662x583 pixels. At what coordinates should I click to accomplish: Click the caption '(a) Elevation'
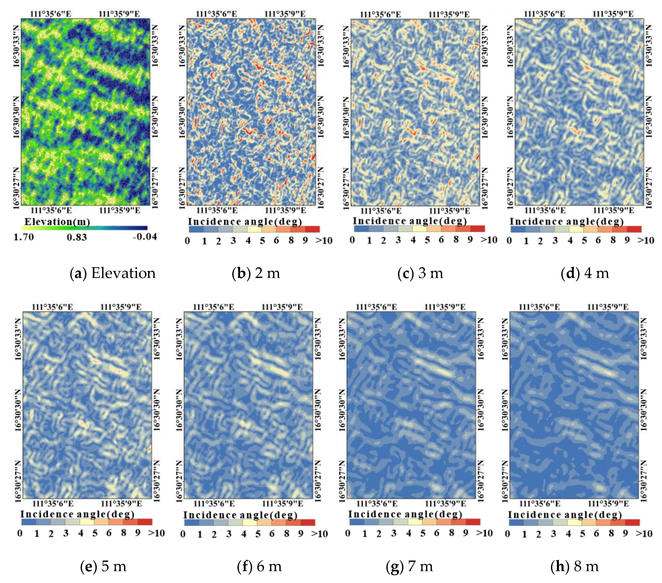[x=113, y=273]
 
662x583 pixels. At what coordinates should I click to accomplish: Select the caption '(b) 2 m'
[x=256, y=273]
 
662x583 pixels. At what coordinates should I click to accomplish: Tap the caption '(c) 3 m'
[x=420, y=273]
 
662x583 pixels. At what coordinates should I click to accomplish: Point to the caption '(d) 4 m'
[x=585, y=273]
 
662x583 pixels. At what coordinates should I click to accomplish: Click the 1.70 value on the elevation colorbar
[x=24, y=237]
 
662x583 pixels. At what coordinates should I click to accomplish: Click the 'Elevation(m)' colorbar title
[x=57, y=222]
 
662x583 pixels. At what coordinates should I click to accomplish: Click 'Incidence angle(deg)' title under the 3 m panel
[x=410, y=221]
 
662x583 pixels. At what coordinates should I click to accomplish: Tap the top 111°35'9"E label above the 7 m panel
[x=445, y=307]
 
